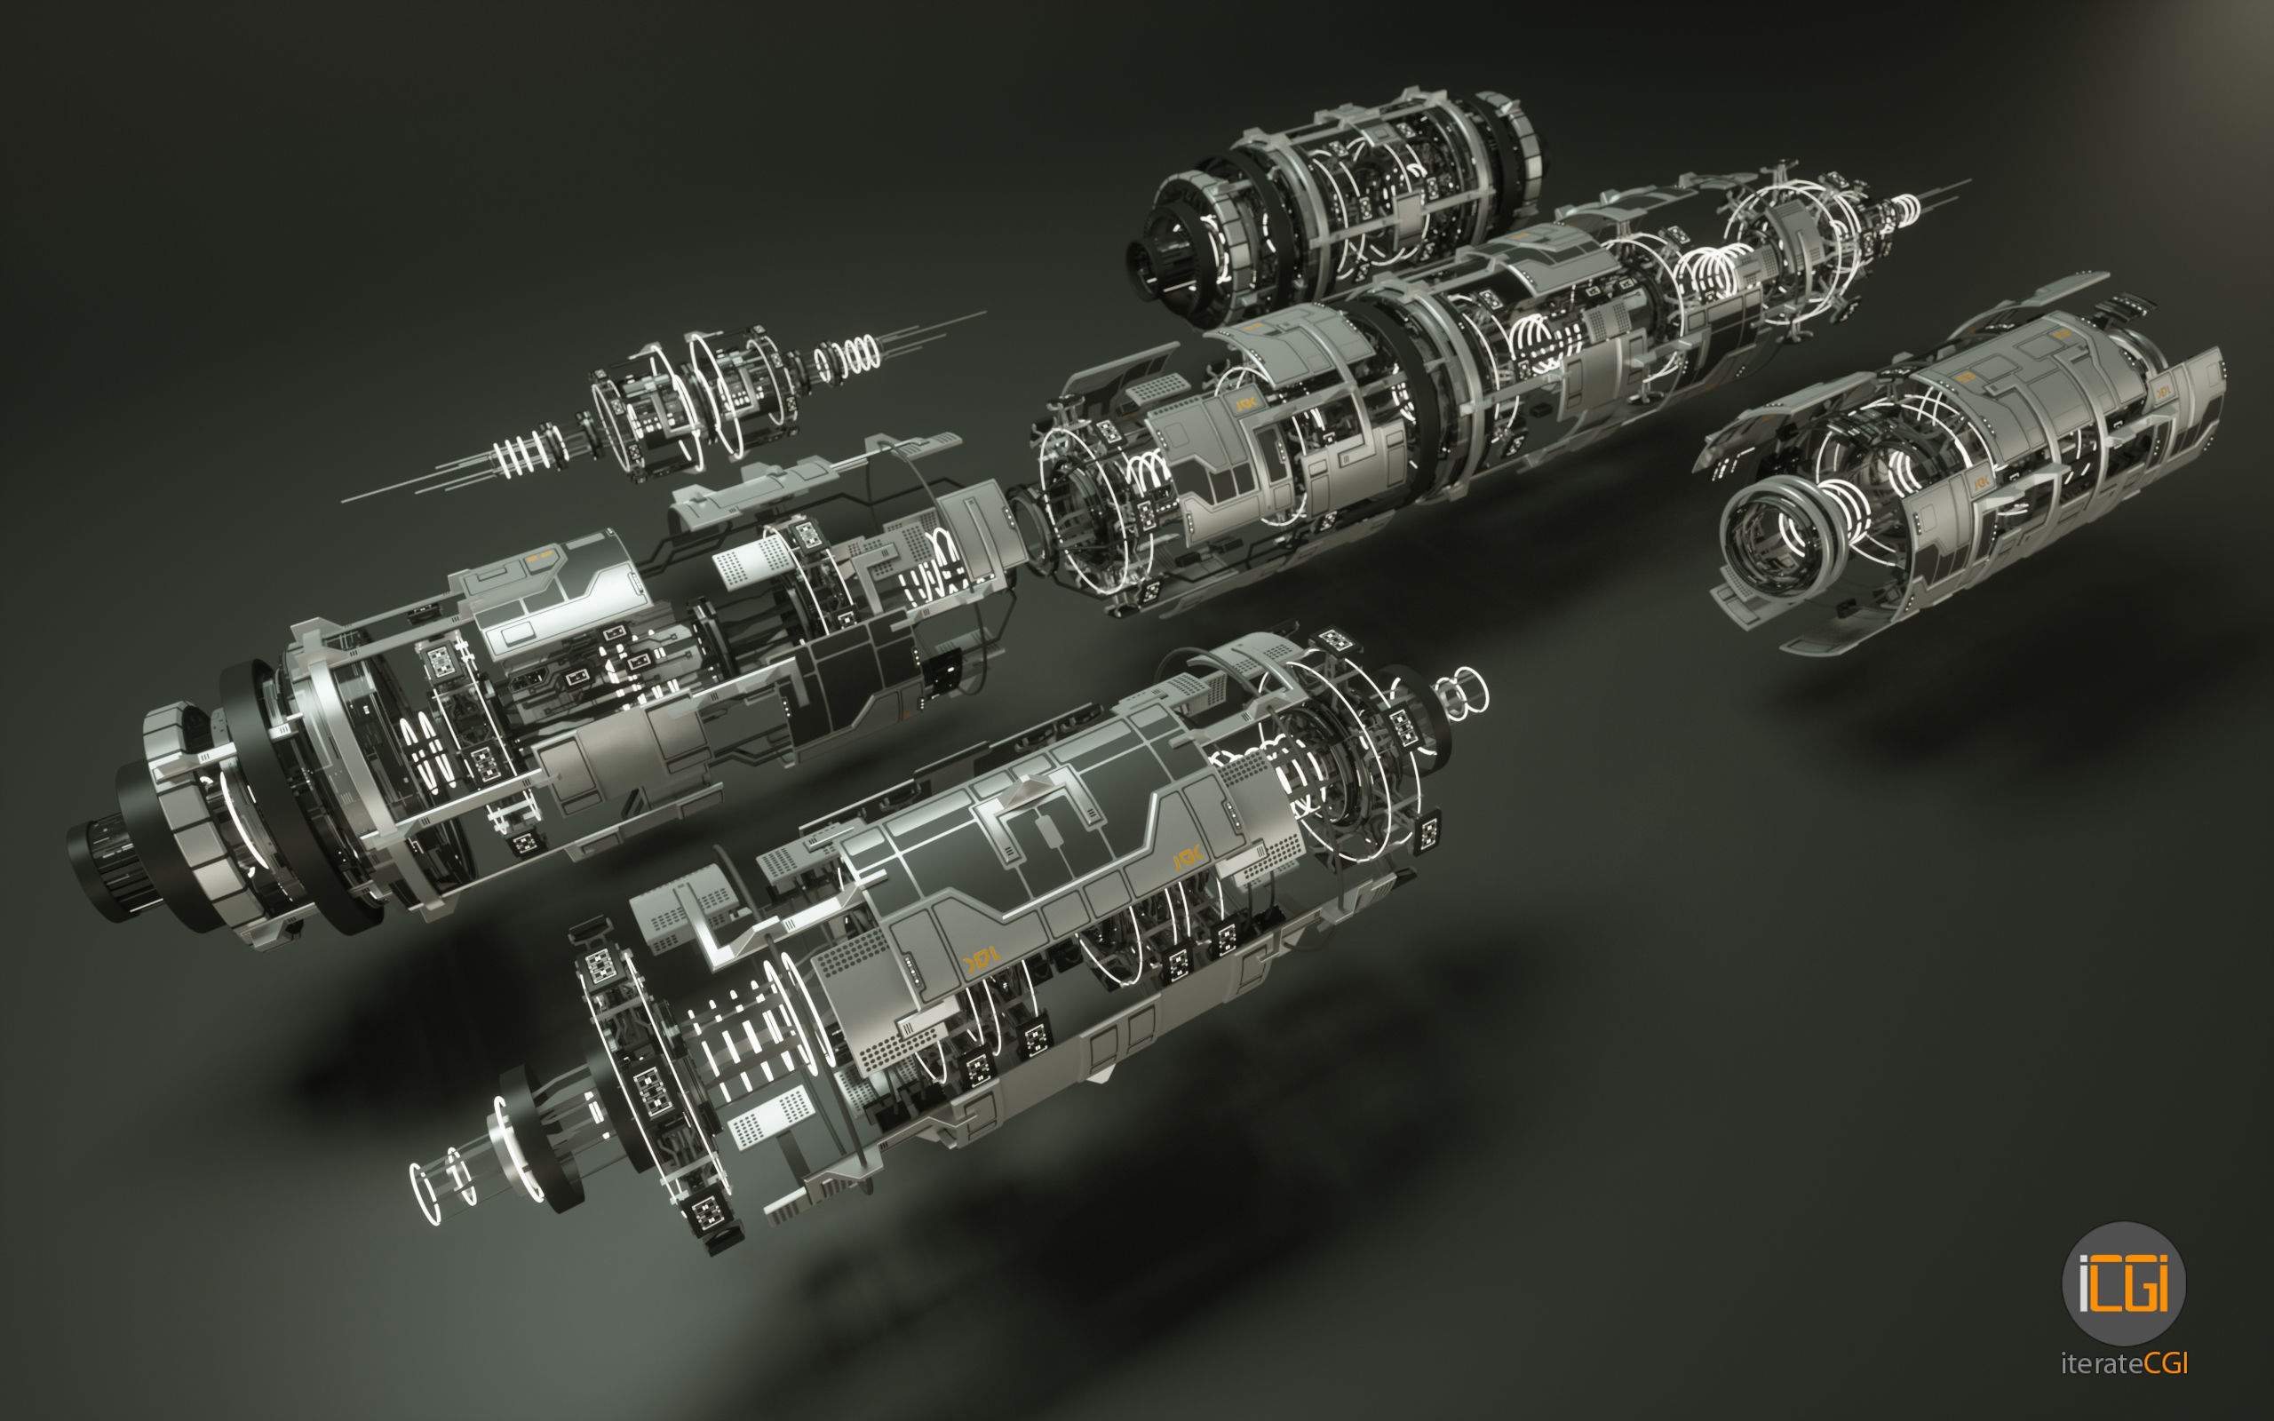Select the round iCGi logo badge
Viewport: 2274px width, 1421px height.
(2124, 1284)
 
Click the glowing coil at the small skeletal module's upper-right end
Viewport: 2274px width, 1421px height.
(848, 356)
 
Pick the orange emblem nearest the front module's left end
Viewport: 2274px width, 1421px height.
(979, 959)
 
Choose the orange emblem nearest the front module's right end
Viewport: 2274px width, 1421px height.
(1188, 858)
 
